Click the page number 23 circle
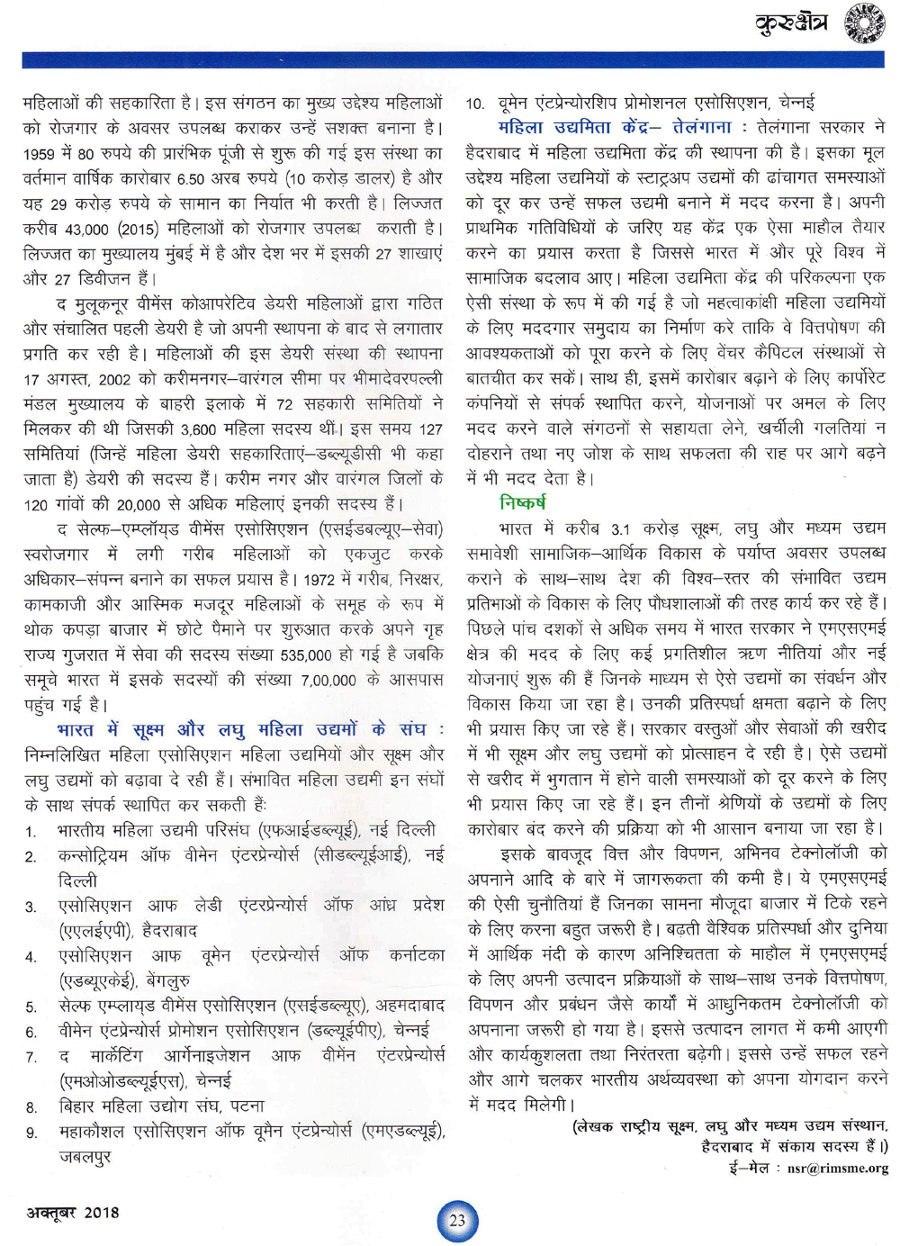click(457, 1220)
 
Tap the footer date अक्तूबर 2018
click(72, 1212)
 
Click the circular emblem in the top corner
click(863, 23)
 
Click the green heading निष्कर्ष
click(522, 502)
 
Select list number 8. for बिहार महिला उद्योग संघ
click(31, 1107)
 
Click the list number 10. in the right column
click(475, 104)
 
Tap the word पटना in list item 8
click(246, 1106)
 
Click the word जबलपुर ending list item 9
click(85, 1156)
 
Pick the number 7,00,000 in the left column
click(329, 680)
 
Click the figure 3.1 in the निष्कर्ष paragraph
click(620, 529)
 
